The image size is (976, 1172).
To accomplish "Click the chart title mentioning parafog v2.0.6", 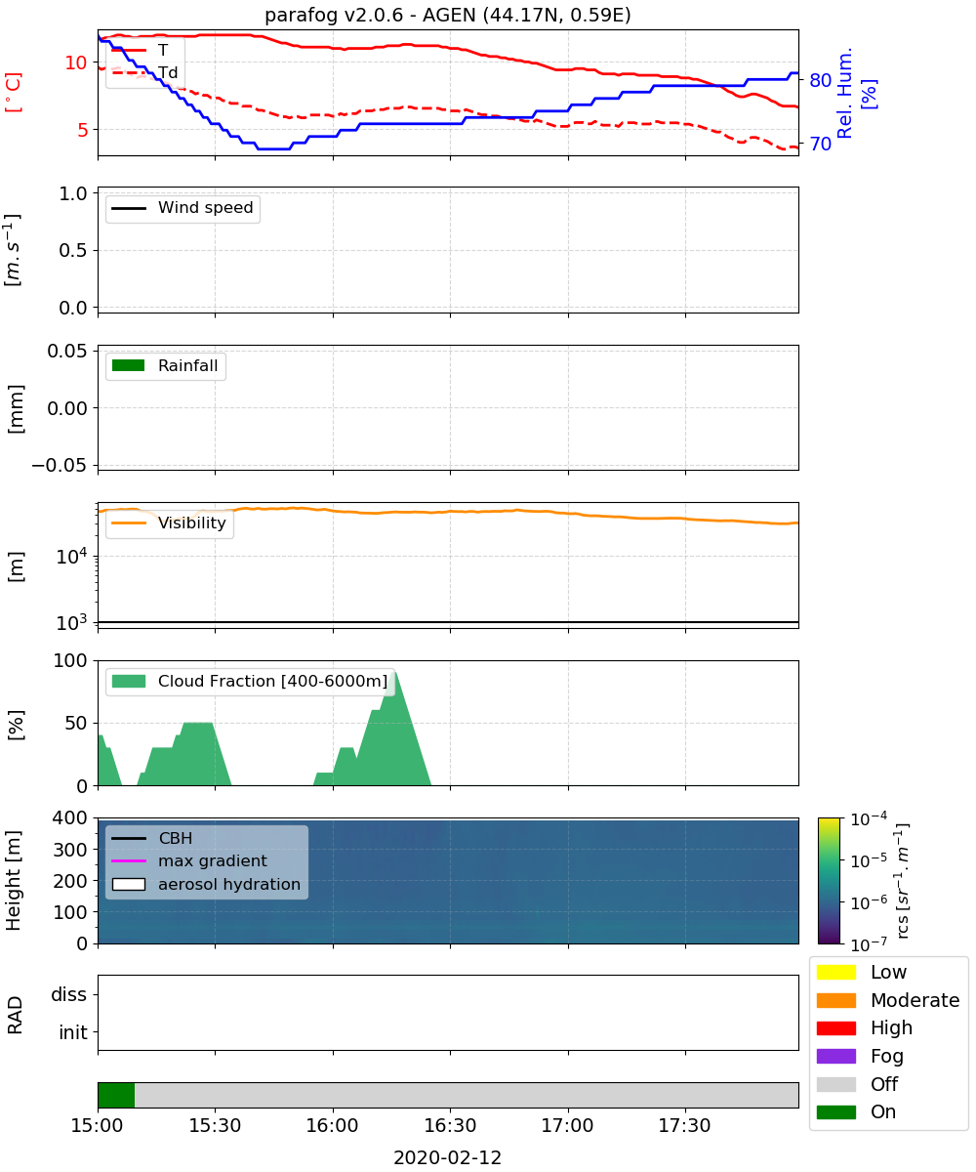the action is point(448,15).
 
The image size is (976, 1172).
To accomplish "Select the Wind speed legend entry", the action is point(183,208).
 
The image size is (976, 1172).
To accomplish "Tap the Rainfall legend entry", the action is point(165,365).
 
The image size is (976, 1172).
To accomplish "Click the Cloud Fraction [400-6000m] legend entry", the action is point(250,681).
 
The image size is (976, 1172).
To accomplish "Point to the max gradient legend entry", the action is point(189,860).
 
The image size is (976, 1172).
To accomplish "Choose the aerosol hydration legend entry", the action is point(206,884).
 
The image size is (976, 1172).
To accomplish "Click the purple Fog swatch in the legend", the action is point(835,1056).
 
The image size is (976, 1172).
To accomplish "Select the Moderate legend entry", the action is point(888,1000).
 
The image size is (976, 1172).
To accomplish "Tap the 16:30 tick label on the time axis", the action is point(450,1125).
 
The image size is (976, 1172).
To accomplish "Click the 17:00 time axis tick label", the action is point(568,1125).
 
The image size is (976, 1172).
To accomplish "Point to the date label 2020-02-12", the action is point(448,1157).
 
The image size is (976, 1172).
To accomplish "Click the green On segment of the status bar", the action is point(116,1095).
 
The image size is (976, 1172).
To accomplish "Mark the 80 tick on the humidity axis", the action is point(820,80).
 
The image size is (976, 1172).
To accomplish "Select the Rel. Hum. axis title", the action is point(844,93).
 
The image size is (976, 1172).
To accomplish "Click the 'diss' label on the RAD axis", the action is point(69,994).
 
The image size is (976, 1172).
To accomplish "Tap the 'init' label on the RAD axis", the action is point(73,1032).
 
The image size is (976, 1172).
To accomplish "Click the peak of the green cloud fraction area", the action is point(395,673).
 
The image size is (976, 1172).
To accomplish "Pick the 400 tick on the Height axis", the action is point(70,817).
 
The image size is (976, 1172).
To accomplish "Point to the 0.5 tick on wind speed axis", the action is point(73,250).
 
